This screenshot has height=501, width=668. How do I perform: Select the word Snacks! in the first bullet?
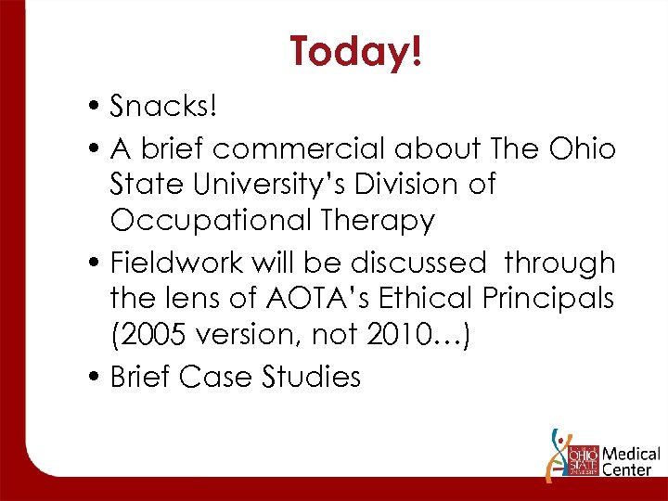pyautogui.click(x=163, y=107)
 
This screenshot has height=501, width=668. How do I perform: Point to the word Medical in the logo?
pyautogui.click(x=631, y=455)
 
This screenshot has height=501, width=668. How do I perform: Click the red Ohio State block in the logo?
pyautogui.click(x=581, y=460)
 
